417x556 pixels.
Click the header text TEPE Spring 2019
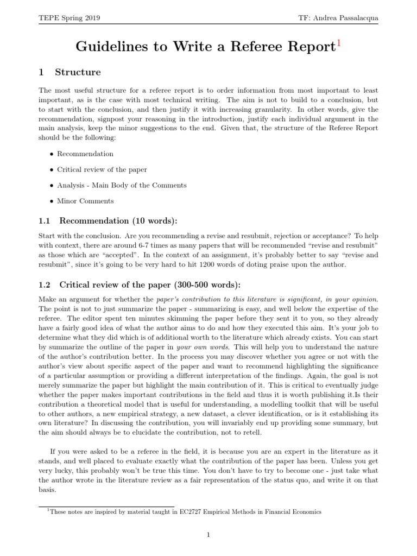point(69,18)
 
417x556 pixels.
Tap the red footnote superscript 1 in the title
point(339,43)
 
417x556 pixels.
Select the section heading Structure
point(78,72)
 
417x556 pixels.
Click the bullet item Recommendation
point(85,154)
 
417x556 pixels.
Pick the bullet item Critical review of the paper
point(102,169)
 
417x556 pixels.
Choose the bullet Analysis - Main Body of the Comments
point(122,185)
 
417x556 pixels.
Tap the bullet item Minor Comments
point(85,201)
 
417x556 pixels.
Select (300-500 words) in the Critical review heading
point(203,285)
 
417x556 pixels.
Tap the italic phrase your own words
point(208,346)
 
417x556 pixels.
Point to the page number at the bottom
point(208,535)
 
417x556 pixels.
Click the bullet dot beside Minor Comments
point(51,201)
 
